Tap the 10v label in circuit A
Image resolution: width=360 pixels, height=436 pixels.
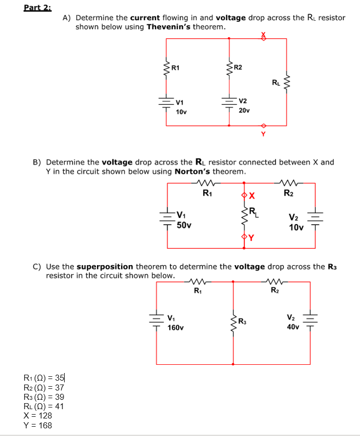pos(181,112)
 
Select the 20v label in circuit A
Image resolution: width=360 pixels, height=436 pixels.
pos(244,110)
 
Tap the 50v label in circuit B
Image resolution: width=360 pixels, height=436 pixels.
pos(184,225)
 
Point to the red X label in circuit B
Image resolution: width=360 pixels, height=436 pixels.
pos(252,196)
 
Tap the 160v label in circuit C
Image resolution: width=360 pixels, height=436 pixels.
pos(175,328)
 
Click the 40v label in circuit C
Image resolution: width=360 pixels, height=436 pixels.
pos(293,327)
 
